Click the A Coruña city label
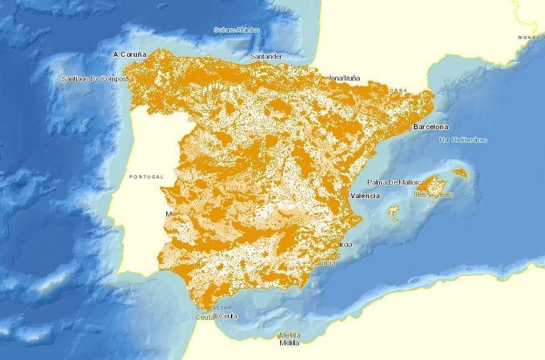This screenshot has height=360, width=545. click(130, 54)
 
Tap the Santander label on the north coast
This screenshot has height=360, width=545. click(266, 56)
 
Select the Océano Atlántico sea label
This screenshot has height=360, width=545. click(237, 29)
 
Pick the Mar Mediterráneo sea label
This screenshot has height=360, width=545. click(463, 139)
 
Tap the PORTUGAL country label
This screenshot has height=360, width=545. click(146, 176)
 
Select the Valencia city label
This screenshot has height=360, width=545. click(365, 196)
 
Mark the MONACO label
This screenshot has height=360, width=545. click(531, 38)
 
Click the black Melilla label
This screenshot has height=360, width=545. click(289, 343)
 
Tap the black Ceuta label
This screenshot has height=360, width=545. click(228, 316)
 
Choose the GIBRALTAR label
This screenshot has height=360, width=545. click(217, 308)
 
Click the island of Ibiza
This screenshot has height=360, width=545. click(394, 210)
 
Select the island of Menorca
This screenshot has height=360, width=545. click(460, 173)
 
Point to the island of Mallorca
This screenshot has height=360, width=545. click(434, 185)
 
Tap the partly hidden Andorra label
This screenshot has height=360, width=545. click(397, 90)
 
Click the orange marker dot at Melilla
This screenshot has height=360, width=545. click(279, 336)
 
